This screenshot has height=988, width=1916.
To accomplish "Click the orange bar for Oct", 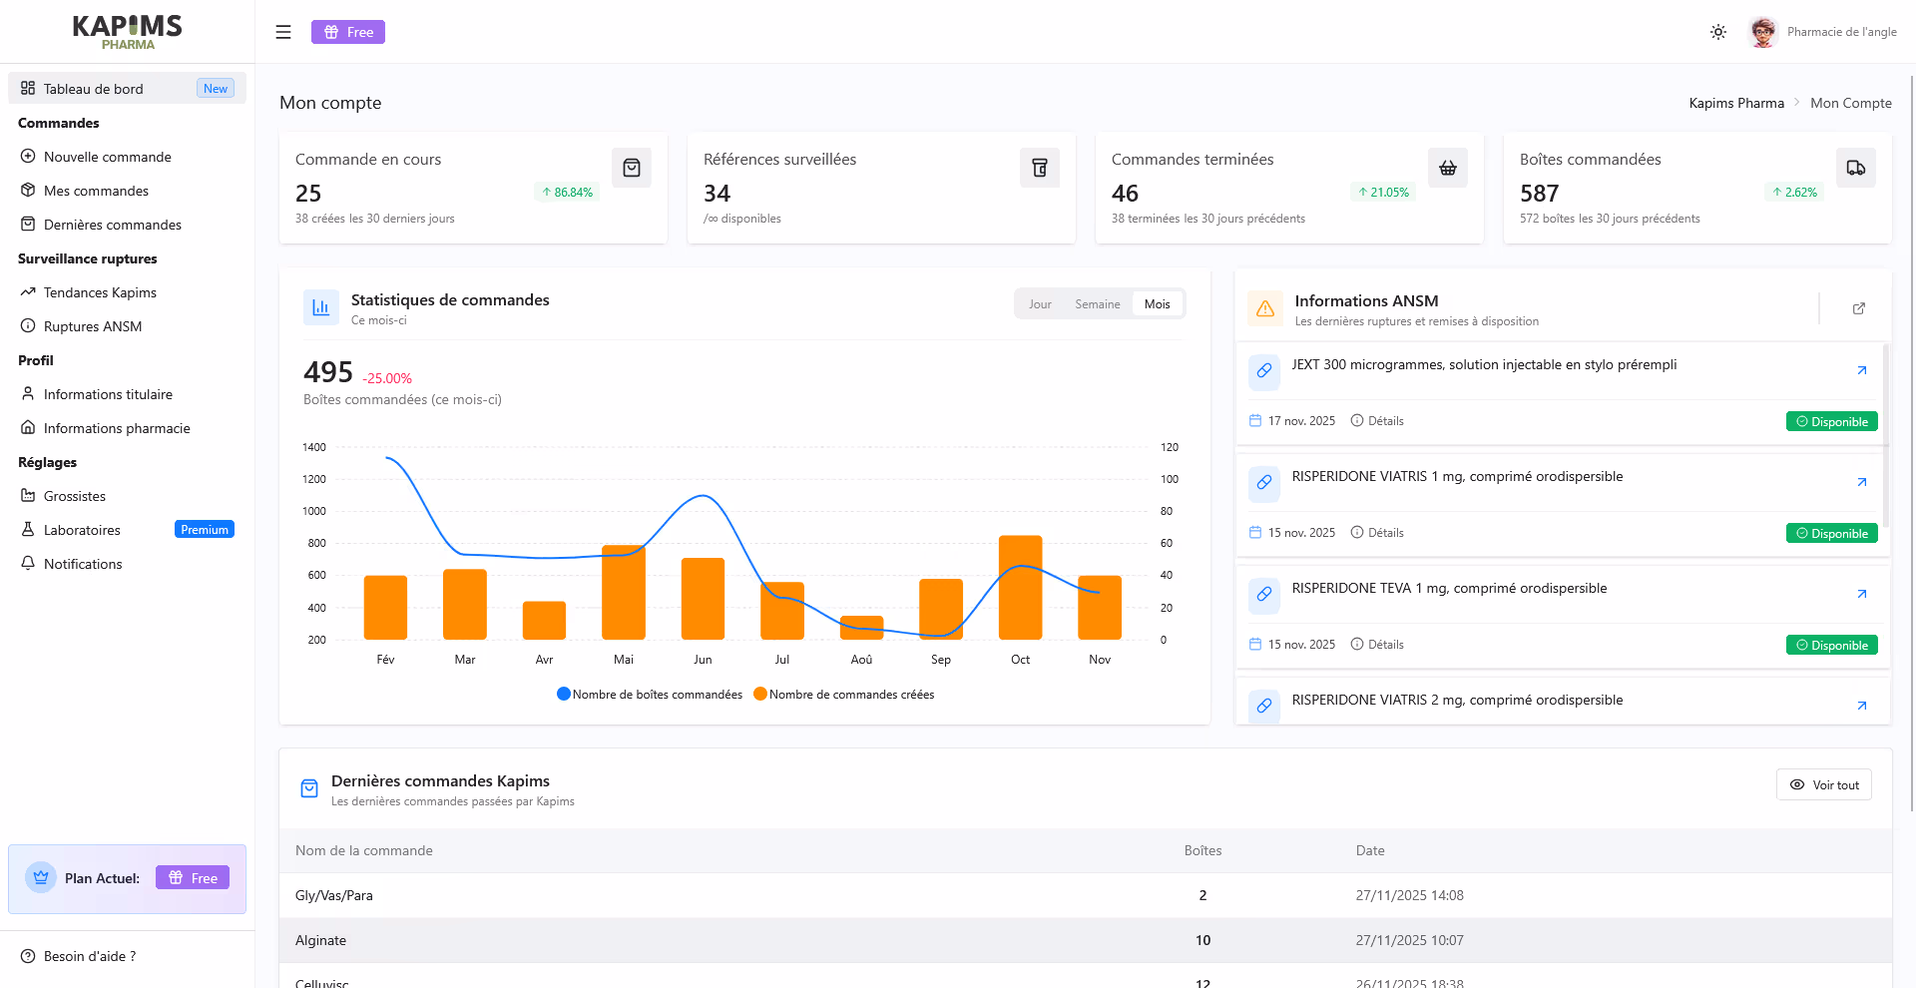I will tap(1020, 588).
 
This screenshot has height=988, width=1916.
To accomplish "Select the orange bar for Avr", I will tap(544, 620).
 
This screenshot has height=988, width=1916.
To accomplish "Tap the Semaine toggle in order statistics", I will tap(1097, 304).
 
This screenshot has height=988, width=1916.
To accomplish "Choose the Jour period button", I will tap(1040, 304).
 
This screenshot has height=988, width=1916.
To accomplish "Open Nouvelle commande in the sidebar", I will tap(107, 157).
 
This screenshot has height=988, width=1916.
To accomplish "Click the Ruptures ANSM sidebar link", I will tap(92, 326).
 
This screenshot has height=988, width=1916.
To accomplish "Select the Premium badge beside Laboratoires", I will tap(205, 530).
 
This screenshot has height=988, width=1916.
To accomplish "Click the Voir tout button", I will tap(1823, 785).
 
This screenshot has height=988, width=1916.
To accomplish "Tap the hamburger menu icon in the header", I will tap(283, 32).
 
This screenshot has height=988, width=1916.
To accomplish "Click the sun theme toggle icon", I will tap(1717, 32).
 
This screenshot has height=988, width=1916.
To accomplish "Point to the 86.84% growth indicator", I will tap(567, 193).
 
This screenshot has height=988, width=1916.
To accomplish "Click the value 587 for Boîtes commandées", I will tap(1539, 194).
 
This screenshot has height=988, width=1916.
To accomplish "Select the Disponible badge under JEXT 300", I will tap(1831, 422).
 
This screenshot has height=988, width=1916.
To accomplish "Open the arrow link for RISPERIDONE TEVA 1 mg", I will tap(1861, 594).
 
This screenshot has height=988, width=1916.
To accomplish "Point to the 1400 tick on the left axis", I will tap(314, 447).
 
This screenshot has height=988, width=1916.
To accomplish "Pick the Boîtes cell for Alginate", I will tap(1202, 940).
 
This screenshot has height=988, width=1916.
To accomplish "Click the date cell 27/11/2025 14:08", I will tap(1409, 895).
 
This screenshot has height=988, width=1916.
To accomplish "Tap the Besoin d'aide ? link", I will tap(89, 956).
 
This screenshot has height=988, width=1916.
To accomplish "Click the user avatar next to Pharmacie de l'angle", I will tap(1763, 32).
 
